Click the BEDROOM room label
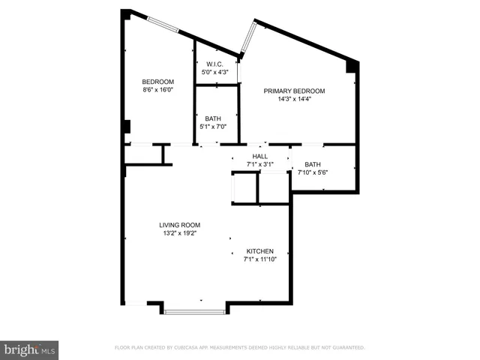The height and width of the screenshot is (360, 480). [x=158, y=82]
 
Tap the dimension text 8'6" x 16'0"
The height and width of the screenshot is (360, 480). [x=158, y=89]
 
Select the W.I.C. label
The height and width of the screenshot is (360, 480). [x=217, y=64]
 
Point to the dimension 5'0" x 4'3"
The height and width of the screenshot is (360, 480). [x=217, y=72]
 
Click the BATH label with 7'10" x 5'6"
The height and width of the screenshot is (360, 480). [x=313, y=165]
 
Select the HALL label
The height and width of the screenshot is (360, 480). [x=259, y=156]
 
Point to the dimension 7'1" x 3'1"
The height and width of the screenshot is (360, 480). [x=259, y=163]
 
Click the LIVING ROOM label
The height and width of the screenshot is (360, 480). [x=179, y=225]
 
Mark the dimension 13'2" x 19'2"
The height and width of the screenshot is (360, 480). [x=179, y=232]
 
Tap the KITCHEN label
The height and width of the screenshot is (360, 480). [x=259, y=251]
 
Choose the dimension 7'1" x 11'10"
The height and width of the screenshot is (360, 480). [x=259, y=259]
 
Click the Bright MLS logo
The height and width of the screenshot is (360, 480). [x=30, y=349]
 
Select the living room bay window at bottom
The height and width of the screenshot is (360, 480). [x=194, y=310]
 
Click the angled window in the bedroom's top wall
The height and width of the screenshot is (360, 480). [x=163, y=25]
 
